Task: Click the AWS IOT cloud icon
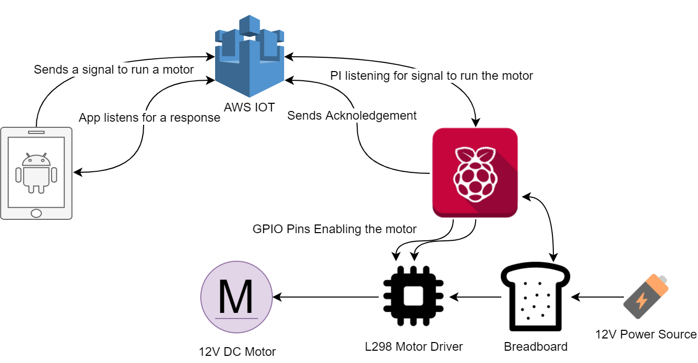[x=249, y=56]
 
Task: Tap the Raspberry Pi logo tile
[x=475, y=172]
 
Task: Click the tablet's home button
[x=36, y=212]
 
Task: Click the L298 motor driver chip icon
[x=413, y=297]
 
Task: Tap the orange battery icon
[x=646, y=297]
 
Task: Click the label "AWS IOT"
[x=249, y=107]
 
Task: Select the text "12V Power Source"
[x=646, y=334]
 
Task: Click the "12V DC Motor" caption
[x=237, y=352]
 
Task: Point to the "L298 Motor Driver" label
[x=414, y=347]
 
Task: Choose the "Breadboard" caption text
[x=536, y=347]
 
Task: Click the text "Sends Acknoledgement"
[x=352, y=116]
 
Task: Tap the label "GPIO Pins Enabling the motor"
[x=335, y=229]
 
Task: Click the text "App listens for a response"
[x=149, y=118]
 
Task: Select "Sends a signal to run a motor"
[x=113, y=70]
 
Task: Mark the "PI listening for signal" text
[x=431, y=76]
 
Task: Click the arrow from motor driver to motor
[x=327, y=297]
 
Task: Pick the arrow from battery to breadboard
[x=598, y=297]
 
